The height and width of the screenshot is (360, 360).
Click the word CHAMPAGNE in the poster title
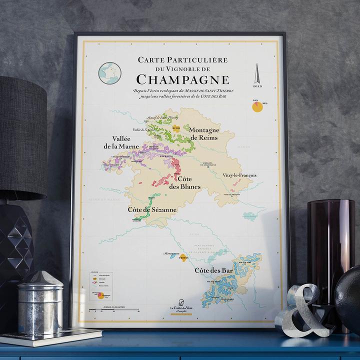click(x=182, y=79)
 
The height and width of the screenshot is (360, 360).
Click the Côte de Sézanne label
click(x=151, y=210)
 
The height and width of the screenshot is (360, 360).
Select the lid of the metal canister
click(x=40, y=279)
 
